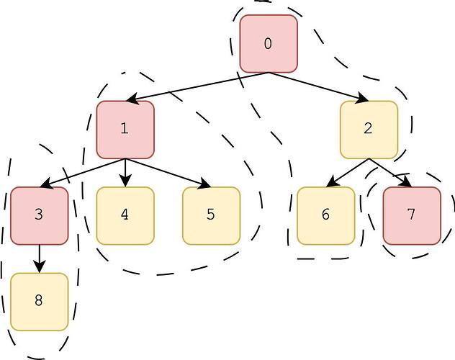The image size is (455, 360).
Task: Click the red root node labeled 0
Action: (x=269, y=44)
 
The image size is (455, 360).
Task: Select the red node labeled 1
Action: (x=125, y=130)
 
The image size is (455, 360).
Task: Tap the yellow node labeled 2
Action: (x=369, y=130)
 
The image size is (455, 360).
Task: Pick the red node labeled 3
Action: (x=39, y=215)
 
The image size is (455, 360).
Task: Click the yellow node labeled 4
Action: (x=125, y=215)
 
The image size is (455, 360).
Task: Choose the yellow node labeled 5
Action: (x=211, y=215)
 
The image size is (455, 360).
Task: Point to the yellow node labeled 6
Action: (x=325, y=215)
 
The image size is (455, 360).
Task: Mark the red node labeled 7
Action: (x=411, y=215)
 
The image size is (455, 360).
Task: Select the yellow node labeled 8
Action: (x=39, y=302)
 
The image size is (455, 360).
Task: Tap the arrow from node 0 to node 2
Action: (x=318, y=86)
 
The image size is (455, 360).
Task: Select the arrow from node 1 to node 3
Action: (x=82, y=173)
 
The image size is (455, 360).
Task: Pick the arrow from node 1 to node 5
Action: (x=168, y=173)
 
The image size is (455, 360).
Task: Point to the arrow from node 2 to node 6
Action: (x=347, y=173)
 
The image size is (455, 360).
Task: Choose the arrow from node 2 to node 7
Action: (x=389, y=173)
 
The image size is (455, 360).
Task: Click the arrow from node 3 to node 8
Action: (x=39, y=258)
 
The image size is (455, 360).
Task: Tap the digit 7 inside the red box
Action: (x=411, y=215)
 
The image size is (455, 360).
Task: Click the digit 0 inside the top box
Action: (x=269, y=44)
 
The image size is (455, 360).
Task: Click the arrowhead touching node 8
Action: (x=39, y=268)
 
